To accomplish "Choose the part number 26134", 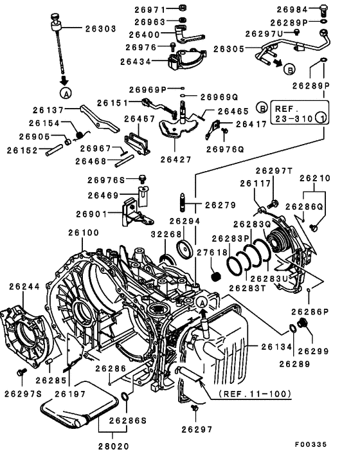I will (x=276, y=347).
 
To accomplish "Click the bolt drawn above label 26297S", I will (x=23, y=372).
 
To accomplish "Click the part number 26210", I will (x=314, y=178).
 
